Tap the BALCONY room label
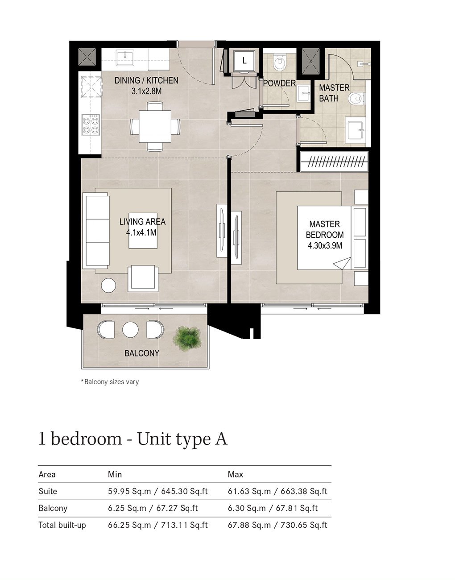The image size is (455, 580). [141, 353]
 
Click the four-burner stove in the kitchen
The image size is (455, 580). [90, 124]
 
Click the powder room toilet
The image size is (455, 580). [280, 63]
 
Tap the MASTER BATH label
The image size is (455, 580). [334, 93]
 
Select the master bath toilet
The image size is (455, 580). [357, 98]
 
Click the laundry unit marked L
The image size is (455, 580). [244, 61]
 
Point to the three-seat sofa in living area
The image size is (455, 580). [96, 230]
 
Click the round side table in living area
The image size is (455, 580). [108, 285]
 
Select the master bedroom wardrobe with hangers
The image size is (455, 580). [334, 162]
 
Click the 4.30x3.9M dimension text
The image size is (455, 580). [325, 245]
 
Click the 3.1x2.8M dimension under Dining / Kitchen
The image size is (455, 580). [146, 91]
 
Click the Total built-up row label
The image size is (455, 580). [62, 525]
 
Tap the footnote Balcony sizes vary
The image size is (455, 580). [110, 382]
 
